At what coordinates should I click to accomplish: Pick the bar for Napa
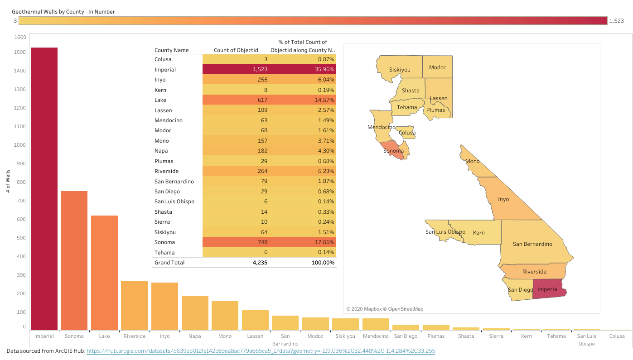(x=195, y=313)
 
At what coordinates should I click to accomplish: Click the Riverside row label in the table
(x=167, y=171)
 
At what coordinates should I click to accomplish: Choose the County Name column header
(x=172, y=50)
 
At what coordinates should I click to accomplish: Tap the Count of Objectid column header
(x=236, y=50)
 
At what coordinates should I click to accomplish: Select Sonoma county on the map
(x=393, y=150)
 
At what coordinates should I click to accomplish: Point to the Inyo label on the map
(x=503, y=199)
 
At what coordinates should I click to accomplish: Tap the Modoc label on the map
(x=438, y=67)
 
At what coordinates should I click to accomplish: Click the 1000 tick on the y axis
(x=20, y=145)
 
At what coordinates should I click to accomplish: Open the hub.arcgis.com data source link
(x=261, y=351)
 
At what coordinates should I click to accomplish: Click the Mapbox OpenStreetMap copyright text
(x=385, y=309)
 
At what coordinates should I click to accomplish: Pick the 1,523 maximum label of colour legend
(x=616, y=21)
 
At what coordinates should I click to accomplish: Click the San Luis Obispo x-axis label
(x=586, y=340)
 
